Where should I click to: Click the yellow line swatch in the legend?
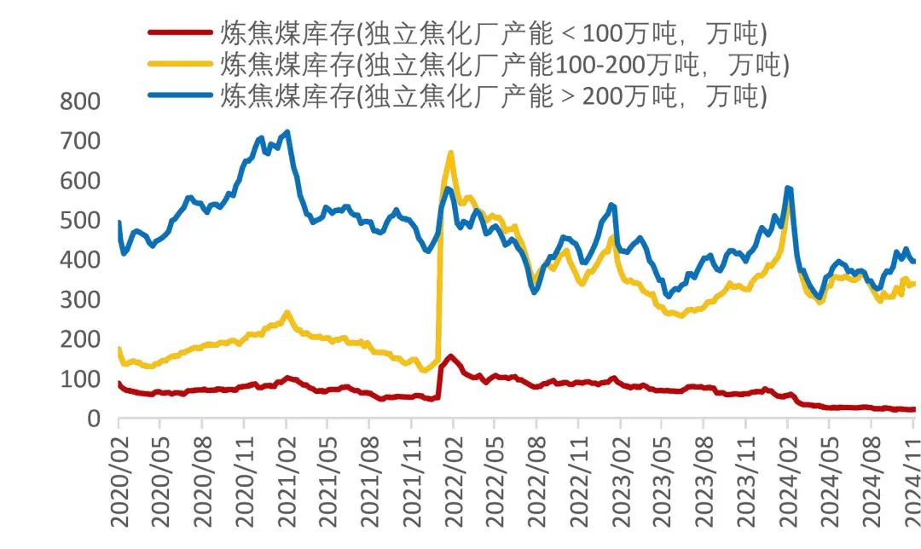tap(180, 64)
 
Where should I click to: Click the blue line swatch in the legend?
tap(180, 95)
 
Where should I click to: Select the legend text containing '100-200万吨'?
tap(503, 64)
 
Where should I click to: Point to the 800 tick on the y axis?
tap(80, 101)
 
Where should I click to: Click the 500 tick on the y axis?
tap(80, 221)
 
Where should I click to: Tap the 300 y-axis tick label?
tap(80, 300)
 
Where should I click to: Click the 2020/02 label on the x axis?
tap(119, 481)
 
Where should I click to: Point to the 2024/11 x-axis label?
tap(909, 481)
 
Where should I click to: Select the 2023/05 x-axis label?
tap(662, 481)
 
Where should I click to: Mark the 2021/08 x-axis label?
tap(369, 481)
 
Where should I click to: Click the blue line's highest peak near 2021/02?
tap(287, 132)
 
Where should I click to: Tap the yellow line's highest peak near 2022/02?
tap(450, 153)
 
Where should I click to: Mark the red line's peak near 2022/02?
tap(450, 356)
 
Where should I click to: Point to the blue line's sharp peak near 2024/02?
tap(788, 188)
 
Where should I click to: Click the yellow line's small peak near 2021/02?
tap(287, 313)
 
